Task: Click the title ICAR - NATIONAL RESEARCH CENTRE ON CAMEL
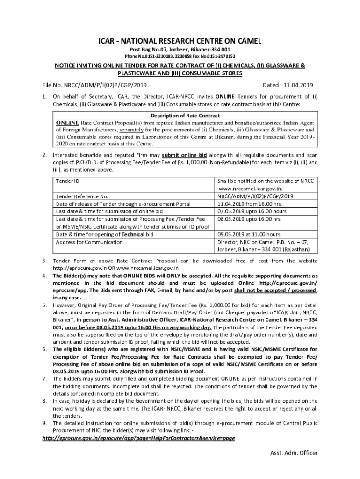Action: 180,41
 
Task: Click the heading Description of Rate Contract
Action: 185,116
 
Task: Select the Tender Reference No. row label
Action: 82,196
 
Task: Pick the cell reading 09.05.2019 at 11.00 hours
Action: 249,234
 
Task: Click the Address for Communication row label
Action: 89,242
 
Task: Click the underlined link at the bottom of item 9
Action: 138,438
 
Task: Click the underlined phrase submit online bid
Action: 184,155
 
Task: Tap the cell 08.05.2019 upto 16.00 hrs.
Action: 249,219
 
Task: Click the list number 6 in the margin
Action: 44,349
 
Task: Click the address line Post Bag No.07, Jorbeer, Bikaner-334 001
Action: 180,49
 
